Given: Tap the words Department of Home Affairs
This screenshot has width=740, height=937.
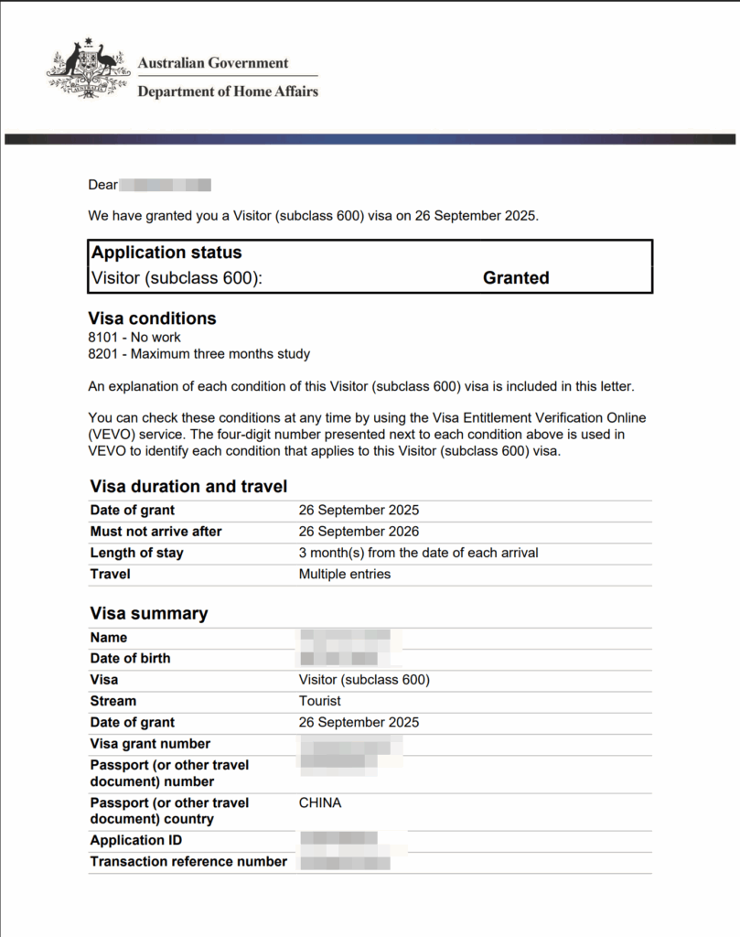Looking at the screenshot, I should pos(228,92).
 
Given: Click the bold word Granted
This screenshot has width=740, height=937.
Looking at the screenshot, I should pos(516,278).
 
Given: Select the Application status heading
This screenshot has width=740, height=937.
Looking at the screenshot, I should pos(166,253).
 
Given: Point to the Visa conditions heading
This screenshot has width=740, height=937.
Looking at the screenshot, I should pos(152,318).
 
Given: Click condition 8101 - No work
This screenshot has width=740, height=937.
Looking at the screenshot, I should pos(134,338).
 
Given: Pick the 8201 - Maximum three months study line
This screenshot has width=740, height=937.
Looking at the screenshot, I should pos(198,353).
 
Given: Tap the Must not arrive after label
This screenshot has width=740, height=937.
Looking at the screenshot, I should pos(156,532).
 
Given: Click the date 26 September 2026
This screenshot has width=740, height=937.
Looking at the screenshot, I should pos(359,532).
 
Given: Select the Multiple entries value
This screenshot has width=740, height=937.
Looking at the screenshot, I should pos(344,574).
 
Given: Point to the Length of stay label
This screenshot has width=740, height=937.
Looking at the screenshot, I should pos(136,553).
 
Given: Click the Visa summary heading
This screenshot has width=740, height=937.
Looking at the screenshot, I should pos(149,614).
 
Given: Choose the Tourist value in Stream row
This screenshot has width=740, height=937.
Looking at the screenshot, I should pos(319,701).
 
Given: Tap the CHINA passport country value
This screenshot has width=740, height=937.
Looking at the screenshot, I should pos(319,802).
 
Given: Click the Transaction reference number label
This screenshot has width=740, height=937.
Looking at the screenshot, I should pos(188,861).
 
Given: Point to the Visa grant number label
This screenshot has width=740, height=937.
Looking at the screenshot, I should pos(150,744).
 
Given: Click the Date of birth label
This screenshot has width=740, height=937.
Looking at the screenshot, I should pos(130,658).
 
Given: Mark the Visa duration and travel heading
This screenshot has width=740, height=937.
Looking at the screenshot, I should pos(188,487).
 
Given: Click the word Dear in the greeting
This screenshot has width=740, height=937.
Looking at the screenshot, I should pos(102,185).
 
